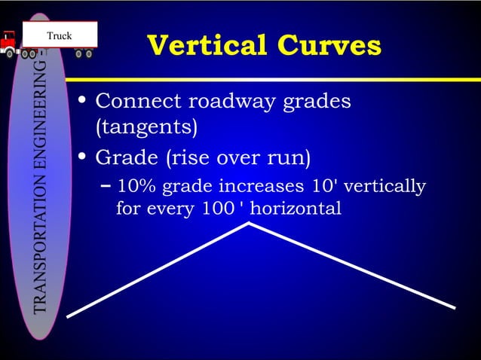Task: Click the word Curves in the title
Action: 326,45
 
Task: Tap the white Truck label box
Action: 60,35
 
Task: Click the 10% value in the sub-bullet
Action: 136,186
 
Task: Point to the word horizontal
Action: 295,208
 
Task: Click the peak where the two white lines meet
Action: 249,224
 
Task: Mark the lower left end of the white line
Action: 69,316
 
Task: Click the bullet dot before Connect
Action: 83,102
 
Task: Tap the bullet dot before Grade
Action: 83,159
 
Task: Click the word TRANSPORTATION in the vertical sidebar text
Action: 43,249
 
